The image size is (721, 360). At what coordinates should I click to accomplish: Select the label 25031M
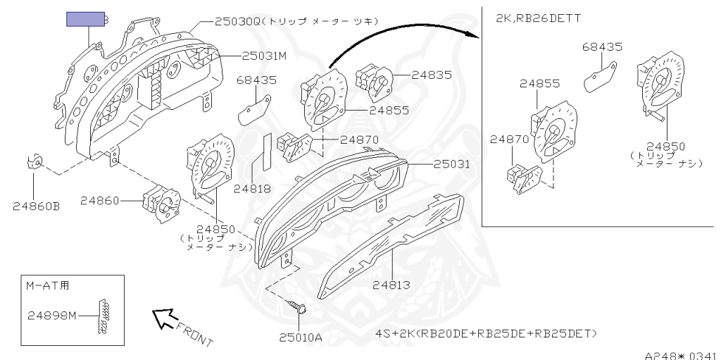tap(265, 56)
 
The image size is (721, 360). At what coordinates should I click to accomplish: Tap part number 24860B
tap(37, 206)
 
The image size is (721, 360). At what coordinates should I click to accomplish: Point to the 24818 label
tap(252, 188)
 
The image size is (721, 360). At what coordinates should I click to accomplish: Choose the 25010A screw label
tap(301, 337)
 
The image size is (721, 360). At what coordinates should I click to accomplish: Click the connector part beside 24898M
tap(104, 317)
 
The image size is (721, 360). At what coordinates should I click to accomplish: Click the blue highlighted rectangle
tap(85, 19)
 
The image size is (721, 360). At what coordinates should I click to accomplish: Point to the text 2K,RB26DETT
tap(539, 18)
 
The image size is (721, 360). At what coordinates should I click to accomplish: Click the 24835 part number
tap(432, 75)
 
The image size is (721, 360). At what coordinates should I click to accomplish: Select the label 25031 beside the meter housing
tap(451, 164)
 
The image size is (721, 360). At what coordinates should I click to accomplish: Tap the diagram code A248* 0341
tap(682, 355)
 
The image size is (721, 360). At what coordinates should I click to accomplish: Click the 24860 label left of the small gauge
tap(99, 201)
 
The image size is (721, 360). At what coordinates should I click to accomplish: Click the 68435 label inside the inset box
tap(602, 47)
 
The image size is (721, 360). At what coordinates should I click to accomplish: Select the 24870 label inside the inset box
tap(509, 139)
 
